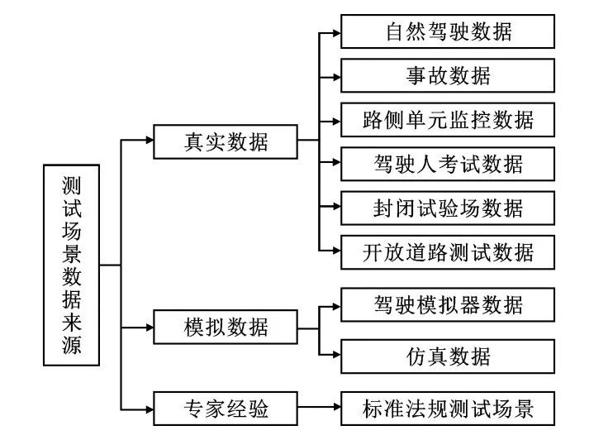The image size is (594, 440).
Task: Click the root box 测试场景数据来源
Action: [x=72, y=265]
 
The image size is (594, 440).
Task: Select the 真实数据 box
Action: [x=226, y=141]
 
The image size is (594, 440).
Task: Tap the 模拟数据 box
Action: [x=226, y=327]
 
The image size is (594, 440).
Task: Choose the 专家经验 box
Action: [x=226, y=409]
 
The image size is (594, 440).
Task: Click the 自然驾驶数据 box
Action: [x=448, y=31]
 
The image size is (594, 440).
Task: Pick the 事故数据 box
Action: [x=448, y=75]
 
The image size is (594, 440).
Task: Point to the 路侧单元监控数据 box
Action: [x=448, y=120]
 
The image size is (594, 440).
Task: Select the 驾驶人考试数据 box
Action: [x=448, y=164]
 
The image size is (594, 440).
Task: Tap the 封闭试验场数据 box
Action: [x=448, y=208]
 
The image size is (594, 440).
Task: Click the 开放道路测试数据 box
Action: [x=448, y=252]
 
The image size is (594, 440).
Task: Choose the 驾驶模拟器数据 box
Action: [x=448, y=305]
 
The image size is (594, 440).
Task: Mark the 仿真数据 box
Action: [x=448, y=356]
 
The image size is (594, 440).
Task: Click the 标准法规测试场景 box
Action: [x=448, y=409]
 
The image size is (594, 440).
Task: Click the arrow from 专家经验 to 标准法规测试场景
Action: [x=320, y=407]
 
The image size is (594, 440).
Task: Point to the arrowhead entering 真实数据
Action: [x=150, y=141]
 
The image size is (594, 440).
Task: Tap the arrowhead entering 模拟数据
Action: [x=150, y=328]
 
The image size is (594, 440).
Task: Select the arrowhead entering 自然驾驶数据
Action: [x=337, y=33]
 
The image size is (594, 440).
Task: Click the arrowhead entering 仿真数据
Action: [x=337, y=355]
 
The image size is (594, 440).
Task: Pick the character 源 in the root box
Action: [x=72, y=345]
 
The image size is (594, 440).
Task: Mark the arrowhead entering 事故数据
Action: [x=337, y=78]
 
